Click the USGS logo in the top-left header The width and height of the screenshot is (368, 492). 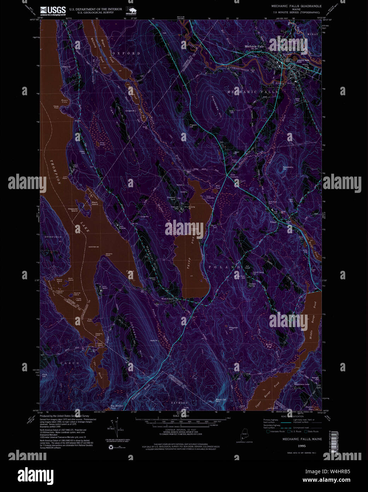53,11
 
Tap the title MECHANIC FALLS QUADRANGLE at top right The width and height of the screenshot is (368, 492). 296,6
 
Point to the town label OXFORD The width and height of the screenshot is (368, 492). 126,53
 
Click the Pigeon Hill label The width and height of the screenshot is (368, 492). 193,126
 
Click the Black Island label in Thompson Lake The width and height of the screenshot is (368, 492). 95,204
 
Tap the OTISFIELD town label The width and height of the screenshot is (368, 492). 53,237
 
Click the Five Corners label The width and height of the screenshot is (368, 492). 234,176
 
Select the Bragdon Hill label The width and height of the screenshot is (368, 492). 234,328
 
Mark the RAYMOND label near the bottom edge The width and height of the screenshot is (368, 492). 180,403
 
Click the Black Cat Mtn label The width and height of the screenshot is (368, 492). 221,400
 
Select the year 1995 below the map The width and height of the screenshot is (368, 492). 302,446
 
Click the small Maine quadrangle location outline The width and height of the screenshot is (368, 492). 244,434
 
